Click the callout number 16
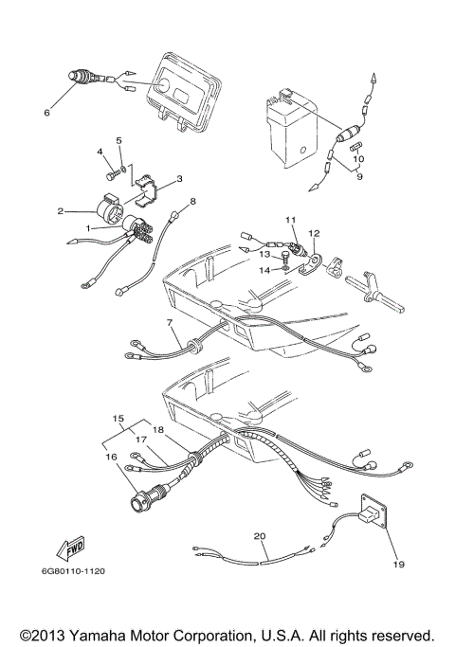point(113,457)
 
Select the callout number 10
point(358,159)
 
